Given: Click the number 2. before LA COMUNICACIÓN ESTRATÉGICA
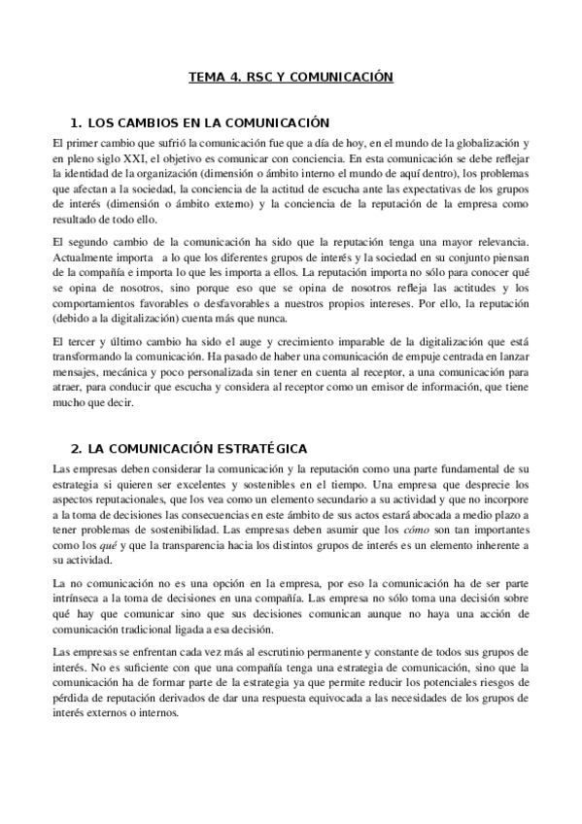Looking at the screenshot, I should pyautogui.click(x=77, y=449).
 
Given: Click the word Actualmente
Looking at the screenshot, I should pyautogui.click(x=86, y=255).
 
